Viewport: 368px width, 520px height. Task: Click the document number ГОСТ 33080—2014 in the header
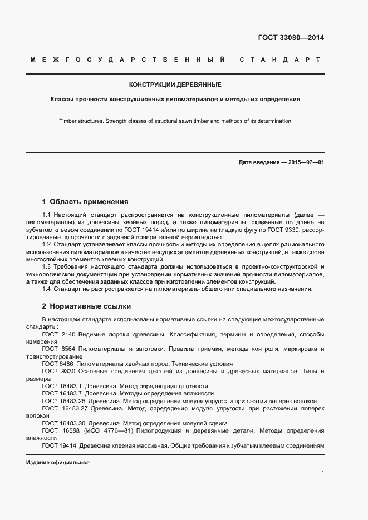tap(291, 38)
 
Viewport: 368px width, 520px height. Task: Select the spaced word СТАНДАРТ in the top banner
tap(279, 60)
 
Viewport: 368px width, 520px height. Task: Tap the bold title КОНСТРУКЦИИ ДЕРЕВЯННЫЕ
tap(175, 85)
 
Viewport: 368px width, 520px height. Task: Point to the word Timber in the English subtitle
tap(68, 121)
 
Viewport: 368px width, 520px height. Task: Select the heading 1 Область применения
tap(85, 202)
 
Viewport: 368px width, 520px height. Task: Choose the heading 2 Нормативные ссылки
tap(86, 306)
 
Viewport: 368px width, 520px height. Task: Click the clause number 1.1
tap(47, 214)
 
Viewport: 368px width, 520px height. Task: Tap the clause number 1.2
tap(47, 245)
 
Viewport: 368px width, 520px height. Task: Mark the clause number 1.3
tap(47, 267)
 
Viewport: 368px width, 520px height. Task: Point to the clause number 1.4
tap(47, 289)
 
